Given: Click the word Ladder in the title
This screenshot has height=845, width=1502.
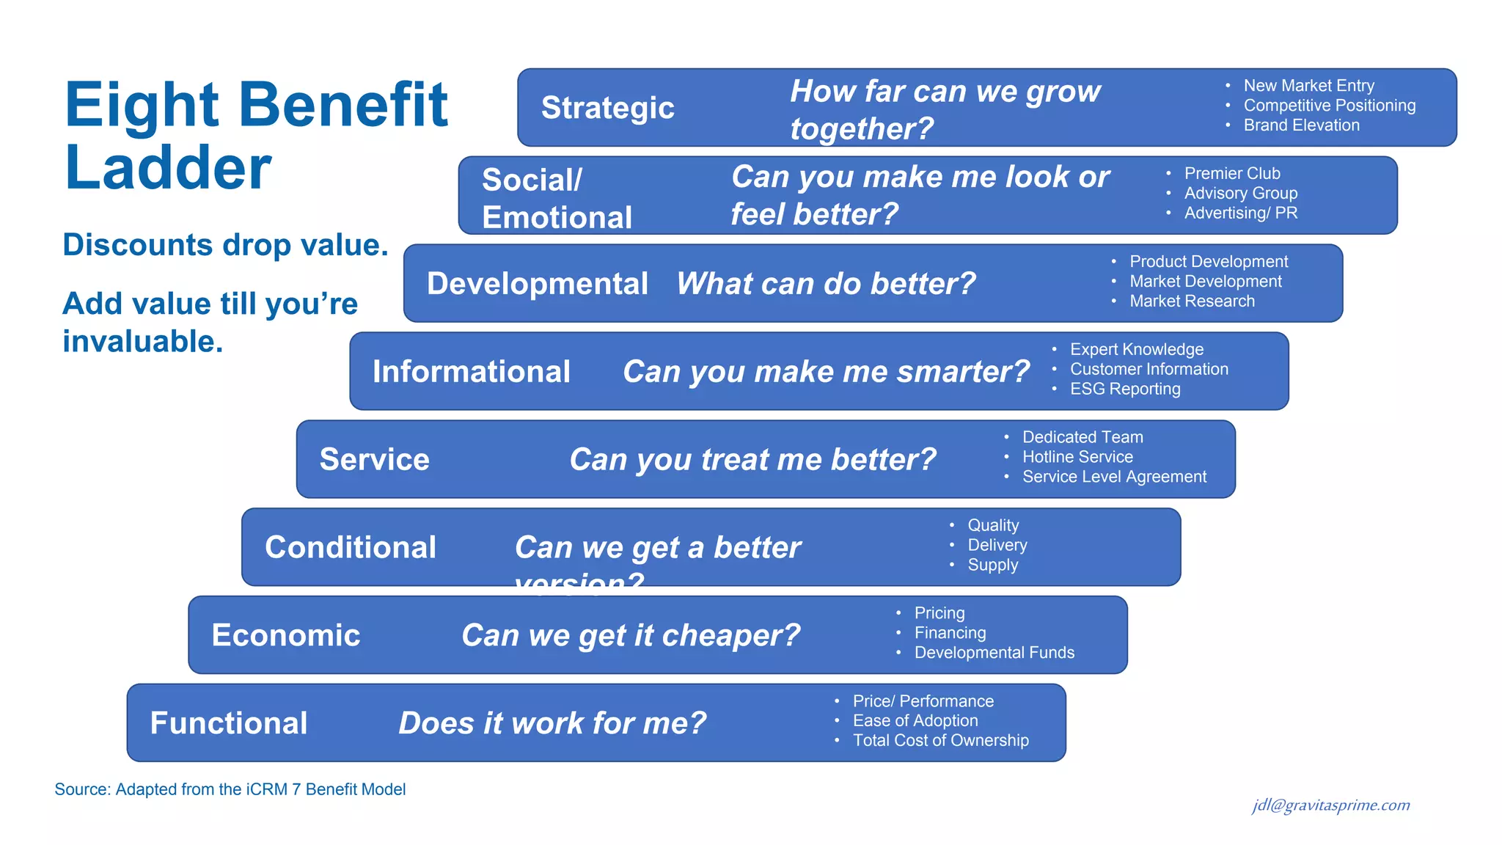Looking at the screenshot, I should click(x=168, y=169).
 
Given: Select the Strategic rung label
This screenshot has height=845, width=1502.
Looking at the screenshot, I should click(x=607, y=108).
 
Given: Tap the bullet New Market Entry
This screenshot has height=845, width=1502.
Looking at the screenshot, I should click(x=1308, y=86).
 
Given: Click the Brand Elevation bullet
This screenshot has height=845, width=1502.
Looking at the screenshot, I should click(x=1301, y=125).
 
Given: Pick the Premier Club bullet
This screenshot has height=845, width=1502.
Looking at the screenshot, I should click(x=1232, y=174).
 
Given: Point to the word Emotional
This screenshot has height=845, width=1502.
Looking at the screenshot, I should click(x=557, y=217).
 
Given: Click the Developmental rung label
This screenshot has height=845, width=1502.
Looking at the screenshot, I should click(x=537, y=284).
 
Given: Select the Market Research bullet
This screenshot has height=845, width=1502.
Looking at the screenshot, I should click(x=1192, y=301).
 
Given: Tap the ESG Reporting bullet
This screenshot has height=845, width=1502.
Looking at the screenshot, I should click(x=1125, y=389).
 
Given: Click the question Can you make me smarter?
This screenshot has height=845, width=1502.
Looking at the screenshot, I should click(x=826, y=372).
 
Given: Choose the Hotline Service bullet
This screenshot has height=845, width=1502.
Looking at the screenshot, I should click(x=1077, y=457).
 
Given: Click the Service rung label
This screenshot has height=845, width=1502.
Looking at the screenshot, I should click(x=374, y=460).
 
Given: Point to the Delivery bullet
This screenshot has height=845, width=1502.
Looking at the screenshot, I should click(x=997, y=545).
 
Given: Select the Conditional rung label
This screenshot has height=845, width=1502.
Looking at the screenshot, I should click(x=351, y=548).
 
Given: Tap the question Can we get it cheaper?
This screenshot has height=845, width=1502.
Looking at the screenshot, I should click(x=631, y=635).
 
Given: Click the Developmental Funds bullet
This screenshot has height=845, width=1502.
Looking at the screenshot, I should click(x=994, y=653).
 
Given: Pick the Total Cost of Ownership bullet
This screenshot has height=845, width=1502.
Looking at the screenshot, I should click(x=940, y=741).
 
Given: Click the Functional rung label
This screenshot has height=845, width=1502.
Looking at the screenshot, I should click(x=229, y=723).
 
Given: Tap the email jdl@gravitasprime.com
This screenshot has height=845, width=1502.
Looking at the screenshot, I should click(x=1330, y=805).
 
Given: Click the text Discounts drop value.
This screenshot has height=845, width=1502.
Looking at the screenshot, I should click(x=225, y=245).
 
